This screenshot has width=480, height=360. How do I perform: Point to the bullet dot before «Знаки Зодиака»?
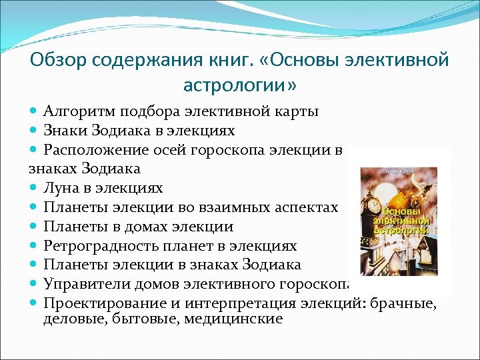(x=34, y=130)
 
